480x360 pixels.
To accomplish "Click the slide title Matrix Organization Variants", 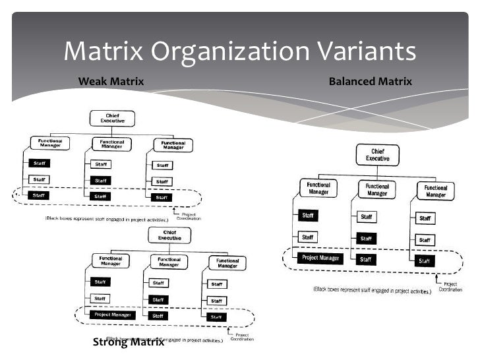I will pyautogui.click(x=240, y=51).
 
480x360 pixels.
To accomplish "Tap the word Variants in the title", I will pyautogui.click(x=365, y=51).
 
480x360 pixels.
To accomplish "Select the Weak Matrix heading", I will pyautogui.click(x=111, y=82).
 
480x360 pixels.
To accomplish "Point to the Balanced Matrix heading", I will pyautogui.click(x=370, y=82).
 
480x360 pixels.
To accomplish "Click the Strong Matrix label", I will pyautogui.click(x=128, y=342).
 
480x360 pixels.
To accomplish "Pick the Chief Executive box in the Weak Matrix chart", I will pyautogui.click(x=112, y=119).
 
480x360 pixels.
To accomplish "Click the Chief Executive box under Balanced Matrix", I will pyautogui.click(x=378, y=154).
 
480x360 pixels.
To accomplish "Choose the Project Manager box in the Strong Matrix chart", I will pyautogui.click(x=112, y=315).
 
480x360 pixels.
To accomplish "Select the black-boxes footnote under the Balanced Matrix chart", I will pyautogui.click(x=372, y=289).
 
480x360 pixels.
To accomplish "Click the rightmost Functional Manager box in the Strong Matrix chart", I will pyautogui.click(x=227, y=262).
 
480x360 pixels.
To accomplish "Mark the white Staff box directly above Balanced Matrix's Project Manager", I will pyautogui.click(x=308, y=236).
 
